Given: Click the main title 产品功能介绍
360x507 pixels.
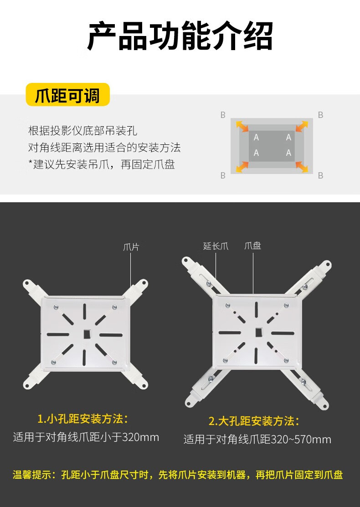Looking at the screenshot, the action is (180, 36).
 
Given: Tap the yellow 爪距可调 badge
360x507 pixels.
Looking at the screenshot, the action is (67, 95).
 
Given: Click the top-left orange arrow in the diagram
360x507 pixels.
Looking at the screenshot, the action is (242, 126).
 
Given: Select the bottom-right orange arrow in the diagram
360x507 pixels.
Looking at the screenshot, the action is (302, 167).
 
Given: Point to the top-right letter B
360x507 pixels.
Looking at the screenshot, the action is (320, 115).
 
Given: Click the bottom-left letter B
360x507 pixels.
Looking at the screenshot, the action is (223, 175).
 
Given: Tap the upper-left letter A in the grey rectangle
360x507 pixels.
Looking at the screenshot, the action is (256, 138).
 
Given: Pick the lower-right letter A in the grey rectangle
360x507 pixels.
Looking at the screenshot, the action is (288, 153).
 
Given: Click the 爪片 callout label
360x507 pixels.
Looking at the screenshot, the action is (131, 247).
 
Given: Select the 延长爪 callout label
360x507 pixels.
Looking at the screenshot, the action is (216, 246).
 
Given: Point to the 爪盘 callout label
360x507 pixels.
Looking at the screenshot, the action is (252, 246).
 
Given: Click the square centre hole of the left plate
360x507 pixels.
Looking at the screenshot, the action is (87, 334).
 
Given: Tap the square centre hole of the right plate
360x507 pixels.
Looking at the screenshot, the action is (259, 332).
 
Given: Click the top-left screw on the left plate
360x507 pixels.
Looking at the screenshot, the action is (57, 307).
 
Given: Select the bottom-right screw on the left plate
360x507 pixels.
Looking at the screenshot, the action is (114, 362).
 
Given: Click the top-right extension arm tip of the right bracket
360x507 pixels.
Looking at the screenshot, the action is (325, 265).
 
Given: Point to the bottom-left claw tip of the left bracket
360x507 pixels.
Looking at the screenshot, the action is (28, 384).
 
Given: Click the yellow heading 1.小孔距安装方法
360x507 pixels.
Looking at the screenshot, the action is (83, 419).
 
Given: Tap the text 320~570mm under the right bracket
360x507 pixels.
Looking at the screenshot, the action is (301, 440).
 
